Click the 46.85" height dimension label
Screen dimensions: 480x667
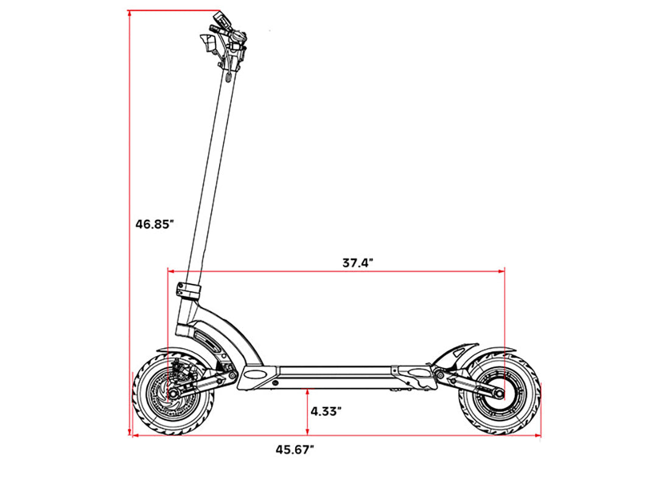point(155,224)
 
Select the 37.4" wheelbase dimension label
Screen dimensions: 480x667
point(357,263)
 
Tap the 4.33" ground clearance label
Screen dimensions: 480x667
point(326,411)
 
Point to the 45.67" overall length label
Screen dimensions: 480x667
point(295,450)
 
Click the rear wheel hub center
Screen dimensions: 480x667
point(500,394)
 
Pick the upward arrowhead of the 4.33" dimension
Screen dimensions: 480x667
point(308,390)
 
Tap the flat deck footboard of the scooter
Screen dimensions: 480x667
point(335,369)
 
